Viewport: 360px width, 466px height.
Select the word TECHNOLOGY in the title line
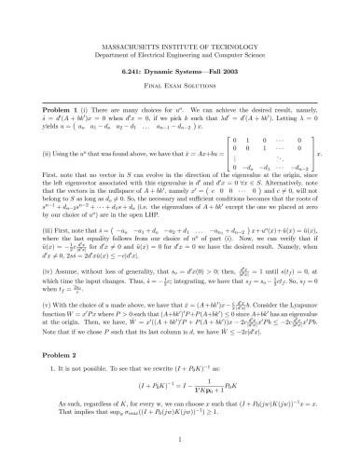point(238,45)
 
